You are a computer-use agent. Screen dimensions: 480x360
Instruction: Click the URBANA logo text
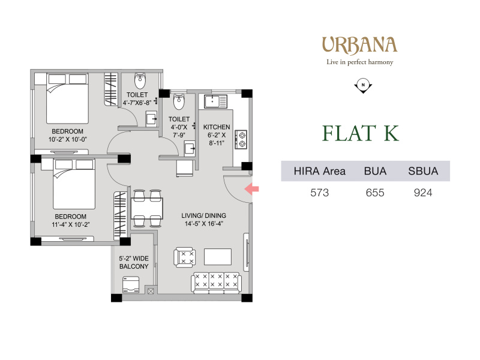pyautogui.click(x=359, y=45)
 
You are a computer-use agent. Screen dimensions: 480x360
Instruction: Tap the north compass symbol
pyautogui.click(x=363, y=86)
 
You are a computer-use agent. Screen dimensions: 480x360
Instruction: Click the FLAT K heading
pyautogui.click(x=361, y=133)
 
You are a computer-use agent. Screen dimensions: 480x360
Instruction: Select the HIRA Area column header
pyautogui.click(x=320, y=171)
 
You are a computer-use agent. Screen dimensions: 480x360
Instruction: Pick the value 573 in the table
pyautogui.click(x=320, y=193)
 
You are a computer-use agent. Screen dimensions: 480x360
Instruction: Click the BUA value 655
pyautogui.click(x=375, y=193)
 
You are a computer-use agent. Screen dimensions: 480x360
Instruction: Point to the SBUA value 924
pyautogui.click(x=423, y=193)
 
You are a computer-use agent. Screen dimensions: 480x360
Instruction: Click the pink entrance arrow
pyautogui.click(x=251, y=189)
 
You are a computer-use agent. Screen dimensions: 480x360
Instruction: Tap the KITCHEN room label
pyautogui.click(x=217, y=127)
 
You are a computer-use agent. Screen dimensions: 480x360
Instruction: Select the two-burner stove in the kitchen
pyautogui.click(x=241, y=139)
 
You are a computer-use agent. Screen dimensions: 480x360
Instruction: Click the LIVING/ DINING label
pyautogui.click(x=204, y=215)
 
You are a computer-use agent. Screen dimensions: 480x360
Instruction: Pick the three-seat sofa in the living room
pyautogui.click(x=216, y=282)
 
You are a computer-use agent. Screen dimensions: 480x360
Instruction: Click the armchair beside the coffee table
pyautogui.click(x=185, y=257)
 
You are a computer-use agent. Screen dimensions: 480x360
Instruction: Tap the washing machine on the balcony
pyautogui.click(x=131, y=284)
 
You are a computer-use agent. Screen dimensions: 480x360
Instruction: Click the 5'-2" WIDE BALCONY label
pyautogui.click(x=134, y=262)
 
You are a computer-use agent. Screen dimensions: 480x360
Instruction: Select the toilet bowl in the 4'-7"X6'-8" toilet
pyautogui.click(x=140, y=80)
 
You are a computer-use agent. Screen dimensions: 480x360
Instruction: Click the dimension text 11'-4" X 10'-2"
pyautogui.click(x=71, y=224)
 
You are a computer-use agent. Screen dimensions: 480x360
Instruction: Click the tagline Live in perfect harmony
pyautogui.click(x=359, y=62)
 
